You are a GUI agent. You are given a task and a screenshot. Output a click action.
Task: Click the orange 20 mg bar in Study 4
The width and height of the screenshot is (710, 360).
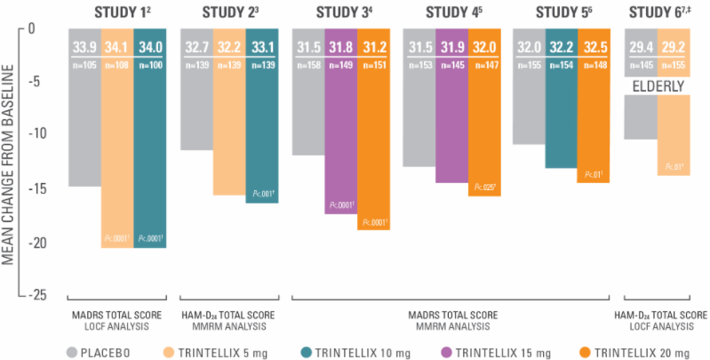(x=485, y=133)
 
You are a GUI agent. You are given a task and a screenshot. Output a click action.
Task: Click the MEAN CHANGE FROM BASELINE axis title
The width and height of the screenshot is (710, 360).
(x=11, y=160)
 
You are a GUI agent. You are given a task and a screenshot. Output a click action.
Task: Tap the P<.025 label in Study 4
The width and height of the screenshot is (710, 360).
(x=485, y=187)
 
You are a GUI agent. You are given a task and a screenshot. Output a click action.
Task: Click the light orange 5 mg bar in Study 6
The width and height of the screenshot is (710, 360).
(x=674, y=133)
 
